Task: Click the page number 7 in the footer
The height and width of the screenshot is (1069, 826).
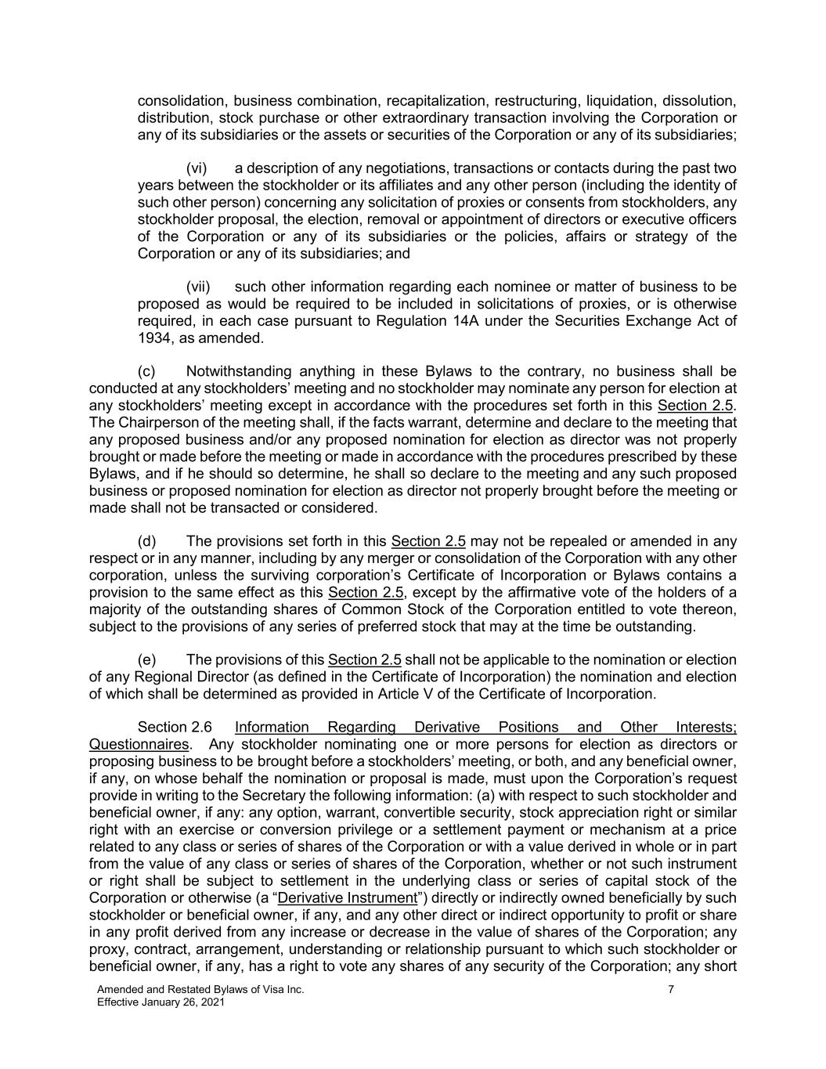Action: [671, 989]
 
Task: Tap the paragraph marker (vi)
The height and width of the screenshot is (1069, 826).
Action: [196, 168]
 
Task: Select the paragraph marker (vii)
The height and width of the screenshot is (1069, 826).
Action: [198, 287]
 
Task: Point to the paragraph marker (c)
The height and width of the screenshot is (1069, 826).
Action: [146, 371]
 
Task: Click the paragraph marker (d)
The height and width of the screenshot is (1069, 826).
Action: [146, 541]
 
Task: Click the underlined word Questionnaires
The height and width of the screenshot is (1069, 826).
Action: [139, 744]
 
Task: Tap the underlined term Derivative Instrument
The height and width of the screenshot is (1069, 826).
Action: [348, 897]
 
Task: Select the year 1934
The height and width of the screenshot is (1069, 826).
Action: [153, 338]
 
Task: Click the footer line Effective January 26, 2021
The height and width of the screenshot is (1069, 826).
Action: [161, 1002]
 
